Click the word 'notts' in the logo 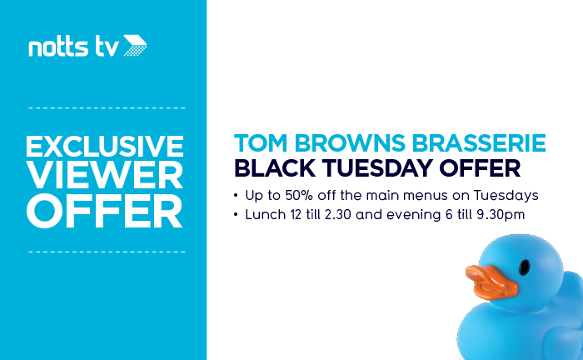pos(58,47)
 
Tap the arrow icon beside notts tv pos(135,45)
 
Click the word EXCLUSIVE pos(104,146)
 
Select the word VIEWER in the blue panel pos(105,176)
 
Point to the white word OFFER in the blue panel pos(104,211)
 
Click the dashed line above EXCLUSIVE pos(107,108)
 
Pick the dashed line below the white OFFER pos(107,252)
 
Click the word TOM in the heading pos(261,143)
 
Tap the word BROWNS pos(350,143)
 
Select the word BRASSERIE pos(479,143)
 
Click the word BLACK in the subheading pos(275,168)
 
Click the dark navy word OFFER pos(480,168)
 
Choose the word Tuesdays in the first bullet pos(506,196)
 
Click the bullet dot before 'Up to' pos(236,196)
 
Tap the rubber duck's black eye pos(524,267)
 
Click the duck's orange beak pos(491,282)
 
